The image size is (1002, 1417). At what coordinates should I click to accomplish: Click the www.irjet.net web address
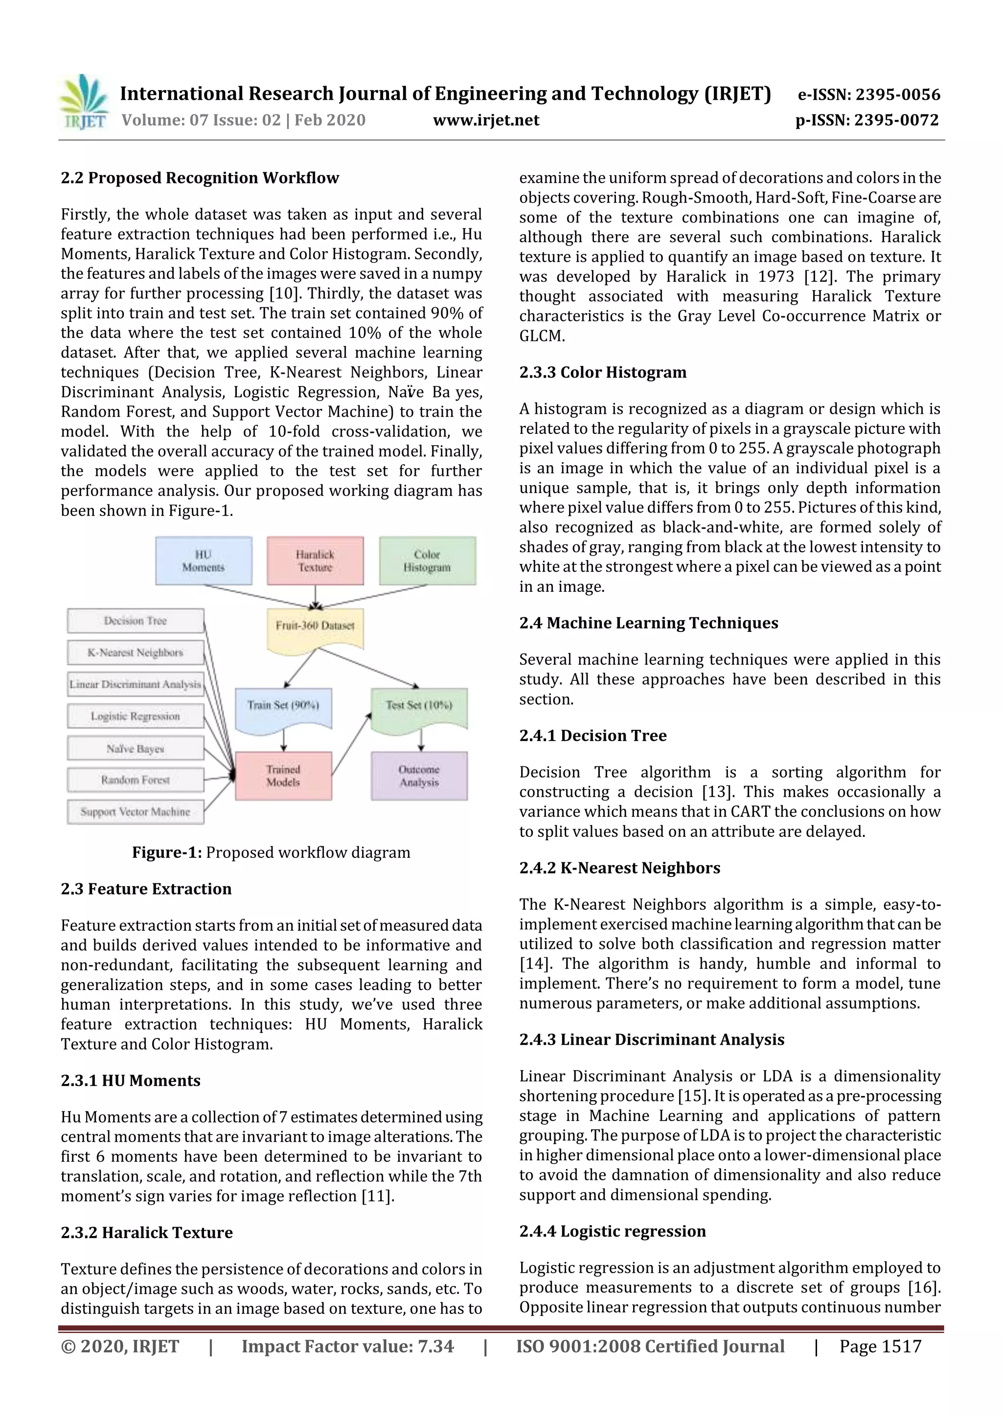tap(486, 120)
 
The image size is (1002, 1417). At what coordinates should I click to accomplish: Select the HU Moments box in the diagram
tap(203, 561)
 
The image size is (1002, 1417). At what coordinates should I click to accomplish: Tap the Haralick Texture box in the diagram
tap(315, 561)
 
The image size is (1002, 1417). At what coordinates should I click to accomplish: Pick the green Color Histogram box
tap(427, 561)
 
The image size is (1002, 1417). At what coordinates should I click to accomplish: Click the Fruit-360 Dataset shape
tap(315, 627)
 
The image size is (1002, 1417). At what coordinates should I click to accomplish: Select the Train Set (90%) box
tap(283, 707)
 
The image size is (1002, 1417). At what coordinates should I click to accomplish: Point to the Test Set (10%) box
tap(419, 707)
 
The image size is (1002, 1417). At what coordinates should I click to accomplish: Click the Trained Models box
tap(283, 776)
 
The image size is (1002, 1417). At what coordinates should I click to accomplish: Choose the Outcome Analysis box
tap(419, 776)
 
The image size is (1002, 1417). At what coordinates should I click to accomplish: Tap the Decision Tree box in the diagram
tap(135, 621)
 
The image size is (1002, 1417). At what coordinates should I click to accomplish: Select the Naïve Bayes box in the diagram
tap(135, 749)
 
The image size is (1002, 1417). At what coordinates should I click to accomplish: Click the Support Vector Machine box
tap(135, 812)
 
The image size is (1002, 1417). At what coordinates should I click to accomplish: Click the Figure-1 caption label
tap(167, 852)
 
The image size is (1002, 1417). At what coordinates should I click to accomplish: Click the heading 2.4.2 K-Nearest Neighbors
tap(619, 868)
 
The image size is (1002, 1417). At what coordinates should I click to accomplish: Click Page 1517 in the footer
tap(880, 1346)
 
